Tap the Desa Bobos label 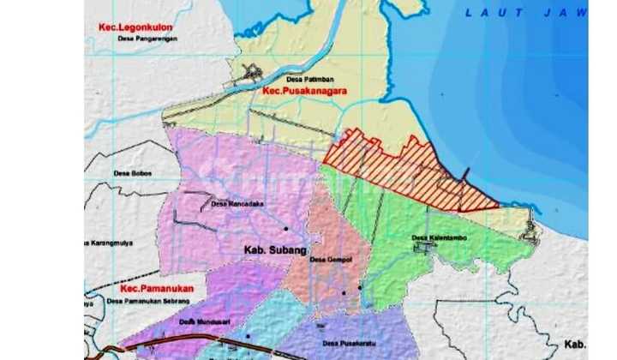pyautogui.click(x=133, y=173)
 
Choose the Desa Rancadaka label pyautogui.click(x=237, y=204)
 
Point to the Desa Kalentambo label pyautogui.click(x=439, y=238)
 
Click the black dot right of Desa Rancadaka pyautogui.click(x=286, y=229)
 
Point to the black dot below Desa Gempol pyautogui.click(x=344, y=292)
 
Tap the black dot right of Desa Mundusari pyautogui.click(x=249, y=336)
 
